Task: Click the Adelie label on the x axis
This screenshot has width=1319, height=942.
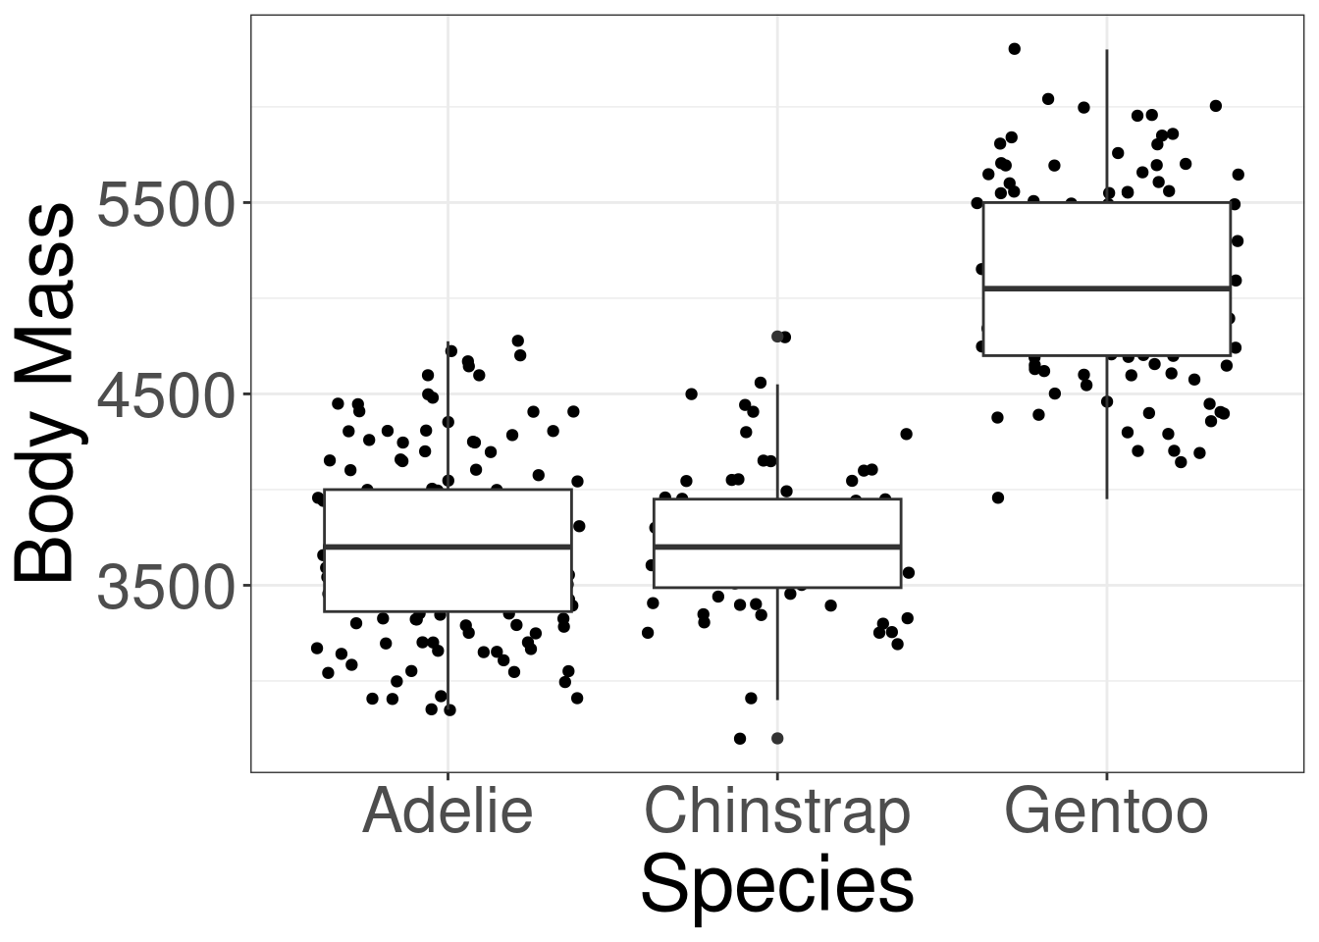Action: click(448, 812)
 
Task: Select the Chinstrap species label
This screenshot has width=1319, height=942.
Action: click(777, 812)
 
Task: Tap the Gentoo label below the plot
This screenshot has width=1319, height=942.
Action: click(1106, 812)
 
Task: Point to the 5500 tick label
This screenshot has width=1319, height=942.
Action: click(167, 203)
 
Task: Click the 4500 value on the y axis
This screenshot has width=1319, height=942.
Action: click(167, 394)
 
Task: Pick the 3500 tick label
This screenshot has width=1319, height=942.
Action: click(167, 586)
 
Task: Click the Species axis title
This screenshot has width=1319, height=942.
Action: click(776, 885)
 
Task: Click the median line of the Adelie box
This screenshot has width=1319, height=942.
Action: click(448, 547)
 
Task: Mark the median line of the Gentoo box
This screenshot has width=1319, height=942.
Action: click(1106, 288)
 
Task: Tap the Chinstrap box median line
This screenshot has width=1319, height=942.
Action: click(777, 547)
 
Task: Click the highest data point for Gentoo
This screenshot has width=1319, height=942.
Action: click(1015, 49)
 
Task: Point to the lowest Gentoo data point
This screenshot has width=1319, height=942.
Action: click(998, 497)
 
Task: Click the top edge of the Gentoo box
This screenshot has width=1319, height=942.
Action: click(1106, 203)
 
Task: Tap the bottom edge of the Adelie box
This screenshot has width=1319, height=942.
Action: click(448, 611)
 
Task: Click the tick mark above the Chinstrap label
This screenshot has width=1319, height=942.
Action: click(777, 776)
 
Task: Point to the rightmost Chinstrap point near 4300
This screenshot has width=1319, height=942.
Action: click(907, 434)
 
